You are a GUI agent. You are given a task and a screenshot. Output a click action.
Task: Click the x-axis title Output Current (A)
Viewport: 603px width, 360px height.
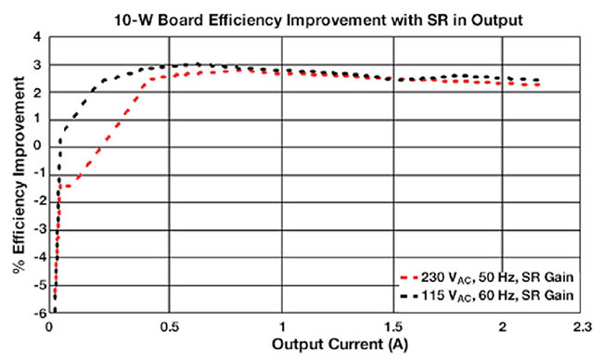(324, 344)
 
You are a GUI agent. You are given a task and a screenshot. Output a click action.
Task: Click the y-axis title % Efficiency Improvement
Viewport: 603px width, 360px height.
(14, 175)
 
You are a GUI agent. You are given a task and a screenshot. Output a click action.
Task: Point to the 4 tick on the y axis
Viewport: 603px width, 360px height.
(38, 38)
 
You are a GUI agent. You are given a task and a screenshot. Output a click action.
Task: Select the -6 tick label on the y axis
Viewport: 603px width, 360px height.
(36, 313)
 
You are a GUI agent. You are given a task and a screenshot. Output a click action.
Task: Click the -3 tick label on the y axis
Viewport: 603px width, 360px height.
(36, 230)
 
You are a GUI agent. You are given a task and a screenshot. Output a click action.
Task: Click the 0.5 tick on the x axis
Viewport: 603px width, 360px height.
(168, 326)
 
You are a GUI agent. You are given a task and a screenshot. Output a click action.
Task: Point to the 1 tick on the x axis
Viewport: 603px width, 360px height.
(282, 326)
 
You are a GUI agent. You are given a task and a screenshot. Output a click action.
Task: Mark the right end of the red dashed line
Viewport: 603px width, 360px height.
(538, 85)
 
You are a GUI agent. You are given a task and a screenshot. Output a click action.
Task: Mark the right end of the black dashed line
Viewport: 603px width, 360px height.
(538, 80)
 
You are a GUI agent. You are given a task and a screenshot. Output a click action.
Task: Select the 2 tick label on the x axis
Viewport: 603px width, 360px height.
(502, 326)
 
